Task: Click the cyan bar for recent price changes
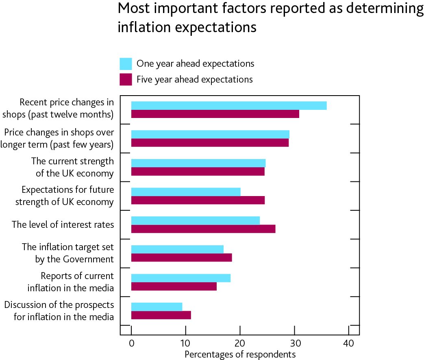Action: (229, 105)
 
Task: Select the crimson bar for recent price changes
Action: (215, 114)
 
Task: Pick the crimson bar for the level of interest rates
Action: (203, 229)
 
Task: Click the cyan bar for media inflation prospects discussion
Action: (157, 306)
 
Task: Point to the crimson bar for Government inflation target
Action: (181, 257)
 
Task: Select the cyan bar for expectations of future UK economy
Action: (186, 192)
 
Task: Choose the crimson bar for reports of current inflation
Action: (174, 286)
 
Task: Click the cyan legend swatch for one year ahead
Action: (126, 64)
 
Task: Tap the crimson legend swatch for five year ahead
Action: (126, 79)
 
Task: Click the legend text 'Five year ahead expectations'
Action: (194, 79)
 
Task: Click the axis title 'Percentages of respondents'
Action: (240, 354)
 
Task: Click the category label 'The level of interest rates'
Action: (63, 224)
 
